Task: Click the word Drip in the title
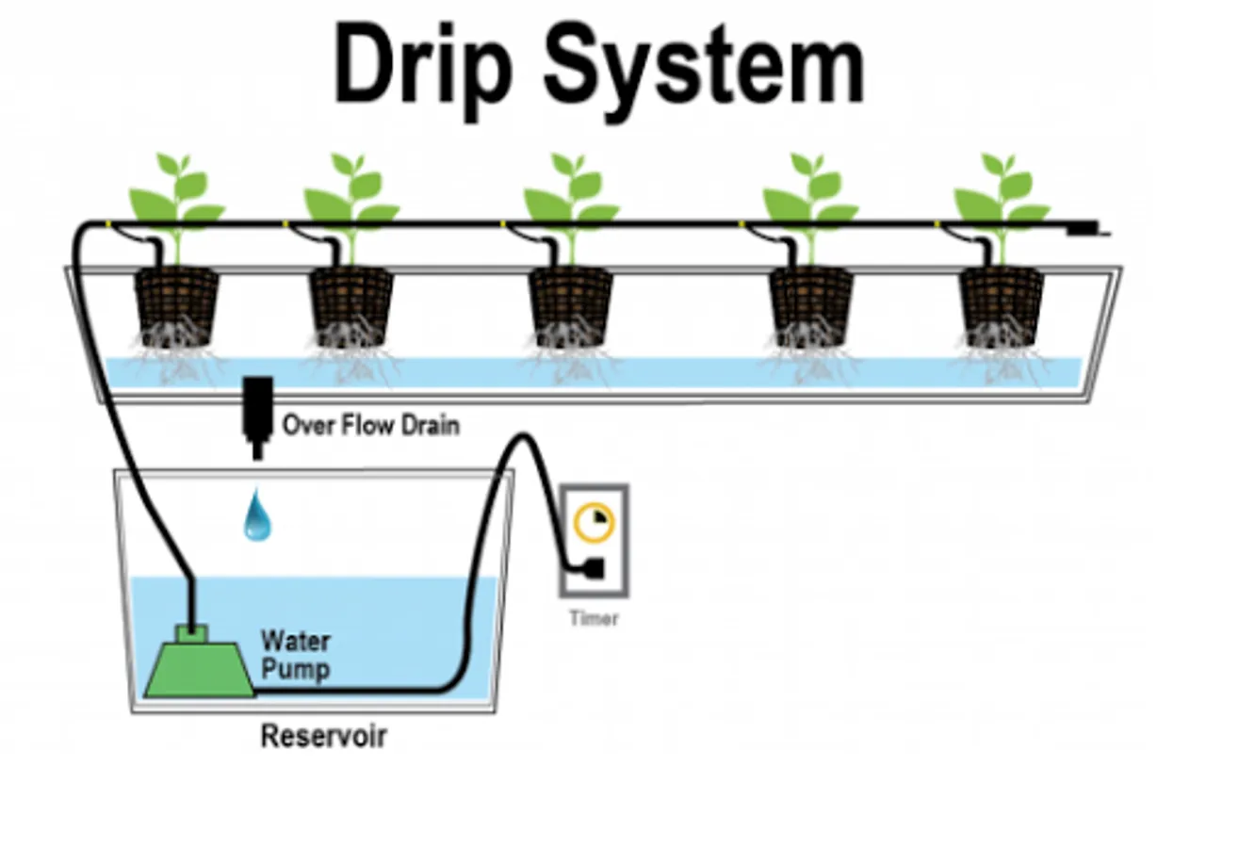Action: click(x=423, y=64)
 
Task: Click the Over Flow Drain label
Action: click(x=371, y=425)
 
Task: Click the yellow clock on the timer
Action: click(x=595, y=522)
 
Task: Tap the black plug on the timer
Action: click(x=594, y=568)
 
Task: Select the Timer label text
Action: click(x=594, y=619)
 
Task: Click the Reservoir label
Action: click(x=323, y=736)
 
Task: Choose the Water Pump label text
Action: click(x=295, y=656)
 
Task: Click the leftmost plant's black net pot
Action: click(x=177, y=303)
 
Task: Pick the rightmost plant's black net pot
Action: click(x=1001, y=303)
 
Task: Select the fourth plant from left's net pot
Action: click(x=811, y=303)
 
